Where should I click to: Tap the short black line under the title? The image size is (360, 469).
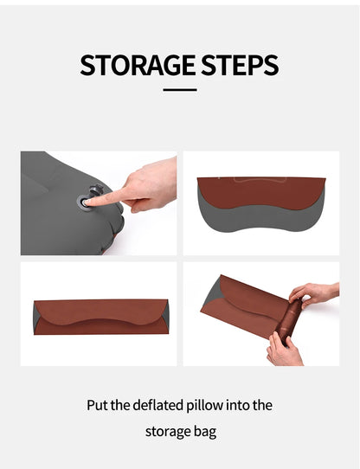pyautogui.click(x=180, y=89)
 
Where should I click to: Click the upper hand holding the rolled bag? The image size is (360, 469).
pyautogui.click(x=315, y=294)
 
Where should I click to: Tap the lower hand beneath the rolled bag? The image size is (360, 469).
pyautogui.click(x=284, y=350)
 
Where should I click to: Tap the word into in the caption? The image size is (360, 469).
pyautogui.click(x=247, y=404)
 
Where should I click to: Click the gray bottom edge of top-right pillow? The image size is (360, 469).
pyautogui.click(x=260, y=232)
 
